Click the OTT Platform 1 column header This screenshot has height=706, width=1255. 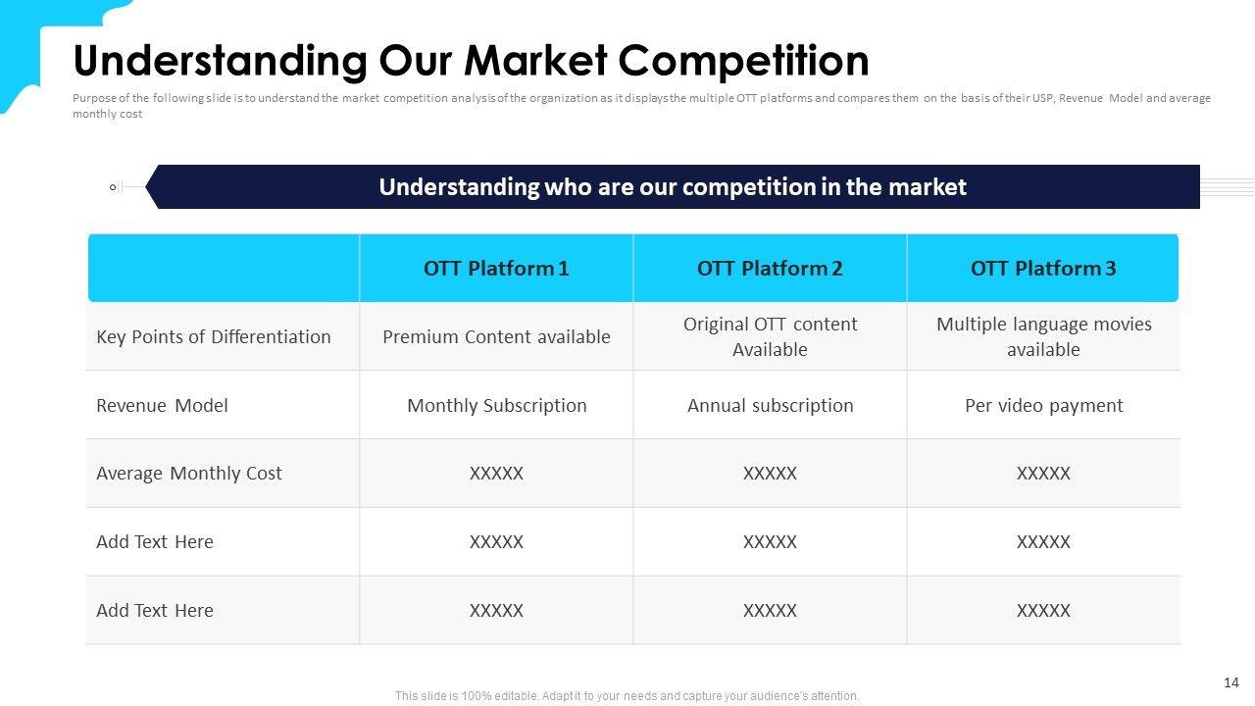coord(496,269)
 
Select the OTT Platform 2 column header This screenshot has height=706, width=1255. coord(770,269)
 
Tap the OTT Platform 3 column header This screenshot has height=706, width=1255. coord(1043,269)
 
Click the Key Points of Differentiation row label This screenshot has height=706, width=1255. coord(214,337)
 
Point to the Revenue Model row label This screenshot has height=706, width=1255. coord(162,405)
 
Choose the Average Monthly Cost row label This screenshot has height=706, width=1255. coord(189,474)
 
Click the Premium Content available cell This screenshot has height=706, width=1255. coord(496,336)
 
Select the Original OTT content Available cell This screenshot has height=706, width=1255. coord(770,336)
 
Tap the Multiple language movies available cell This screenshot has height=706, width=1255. coord(1044,336)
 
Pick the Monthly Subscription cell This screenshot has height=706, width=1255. coord(497,406)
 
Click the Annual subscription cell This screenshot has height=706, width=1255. coord(771,406)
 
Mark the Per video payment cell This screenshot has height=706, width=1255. coord(1044,406)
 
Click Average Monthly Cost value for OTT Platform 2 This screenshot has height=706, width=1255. coord(770,474)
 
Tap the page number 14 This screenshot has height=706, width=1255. coord(1230,682)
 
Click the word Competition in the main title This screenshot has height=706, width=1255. coord(743,61)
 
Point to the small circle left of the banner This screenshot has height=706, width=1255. coord(113,187)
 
